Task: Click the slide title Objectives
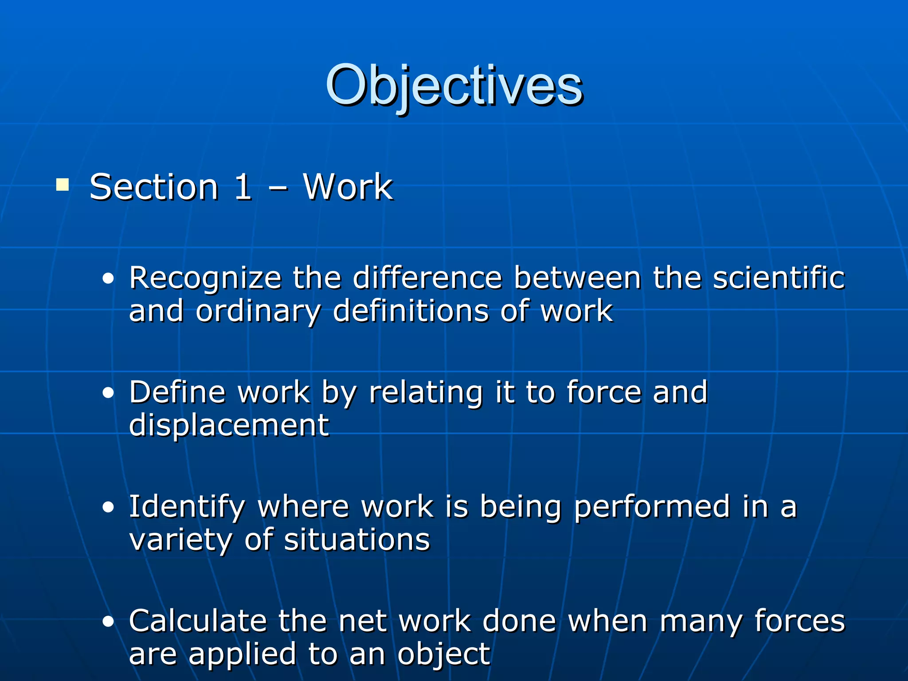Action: pyautogui.click(x=454, y=85)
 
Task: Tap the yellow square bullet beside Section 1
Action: pyautogui.click(x=63, y=184)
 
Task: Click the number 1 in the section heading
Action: pyautogui.click(x=243, y=187)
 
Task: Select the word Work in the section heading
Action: pyautogui.click(x=348, y=187)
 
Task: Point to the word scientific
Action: pyautogui.click(x=779, y=278)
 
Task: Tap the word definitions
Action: pyautogui.click(x=411, y=311)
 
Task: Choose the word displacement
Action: pyautogui.click(x=229, y=425)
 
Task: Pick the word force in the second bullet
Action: pyautogui.click(x=604, y=392)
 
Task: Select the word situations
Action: pyautogui.click(x=357, y=540)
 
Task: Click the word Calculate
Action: pyautogui.click(x=198, y=621)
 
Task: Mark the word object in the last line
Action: pyautogui.click(x=443, y=655)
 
